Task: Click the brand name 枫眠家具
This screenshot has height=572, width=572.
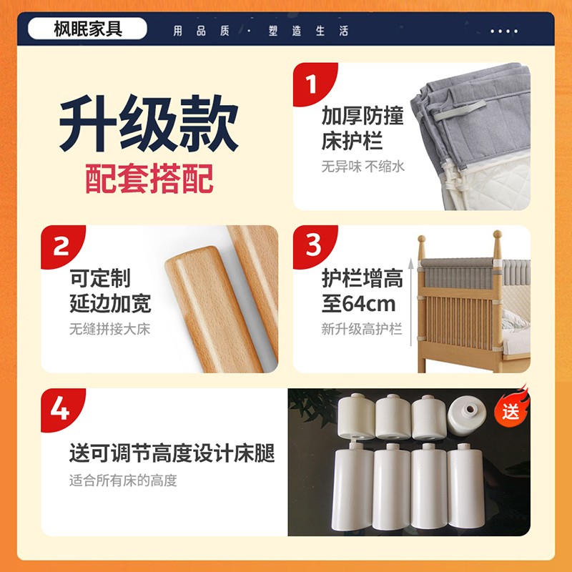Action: tap(88, 29)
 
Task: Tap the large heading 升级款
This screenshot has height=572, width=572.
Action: tap(149, 123)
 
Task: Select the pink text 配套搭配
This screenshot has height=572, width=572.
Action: tap(149, 178)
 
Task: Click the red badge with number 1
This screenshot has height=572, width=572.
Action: tap(315, 84)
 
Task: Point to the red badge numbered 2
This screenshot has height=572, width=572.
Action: tap(63, 247)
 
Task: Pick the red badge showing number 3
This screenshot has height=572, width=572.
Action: tap(315, 247)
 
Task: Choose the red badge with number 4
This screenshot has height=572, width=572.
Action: tap(63, 410)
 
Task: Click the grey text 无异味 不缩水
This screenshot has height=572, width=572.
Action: tap(363, 167)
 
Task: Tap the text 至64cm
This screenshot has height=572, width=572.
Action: tap(359, 304)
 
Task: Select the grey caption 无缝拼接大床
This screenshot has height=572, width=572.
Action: tap(110, 329)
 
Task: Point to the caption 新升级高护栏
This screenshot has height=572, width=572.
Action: tap(362, 329)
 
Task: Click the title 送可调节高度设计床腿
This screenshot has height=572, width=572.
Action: tap(172, 453)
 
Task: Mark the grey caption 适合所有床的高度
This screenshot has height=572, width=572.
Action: tap(123, 480)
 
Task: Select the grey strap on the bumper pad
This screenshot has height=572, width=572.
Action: tap(460, 111)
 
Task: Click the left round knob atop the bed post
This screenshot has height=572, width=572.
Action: tap(421, 240)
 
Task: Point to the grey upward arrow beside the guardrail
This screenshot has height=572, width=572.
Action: tap(410, 302)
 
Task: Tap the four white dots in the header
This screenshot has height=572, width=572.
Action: tap(504, 31)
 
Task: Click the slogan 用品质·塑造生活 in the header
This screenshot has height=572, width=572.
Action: tap(261, 31)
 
